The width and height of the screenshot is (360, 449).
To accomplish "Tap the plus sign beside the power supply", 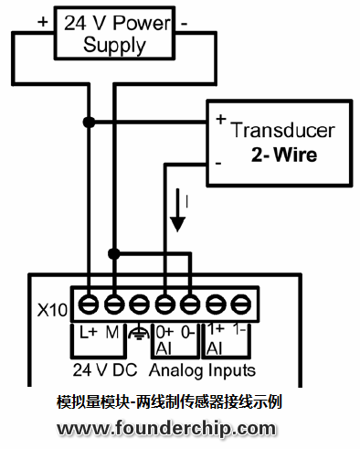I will point(42,17).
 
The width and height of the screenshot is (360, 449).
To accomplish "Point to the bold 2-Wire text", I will point(284,155).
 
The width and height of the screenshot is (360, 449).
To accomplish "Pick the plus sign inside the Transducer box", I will point(220,120).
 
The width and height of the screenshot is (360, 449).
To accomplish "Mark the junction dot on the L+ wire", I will point(90,122).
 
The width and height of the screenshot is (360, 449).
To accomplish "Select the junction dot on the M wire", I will point(114,252).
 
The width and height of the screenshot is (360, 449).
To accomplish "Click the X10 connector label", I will point(52,309).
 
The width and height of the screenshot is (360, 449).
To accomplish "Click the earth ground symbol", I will point(139,334).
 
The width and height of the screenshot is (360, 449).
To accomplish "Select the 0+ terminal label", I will point(165,332).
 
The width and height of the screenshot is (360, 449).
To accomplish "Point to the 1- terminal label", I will point(240,330).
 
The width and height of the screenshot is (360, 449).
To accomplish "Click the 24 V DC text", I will point(105,370).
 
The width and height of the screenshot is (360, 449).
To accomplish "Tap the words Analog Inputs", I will point(202,370).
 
